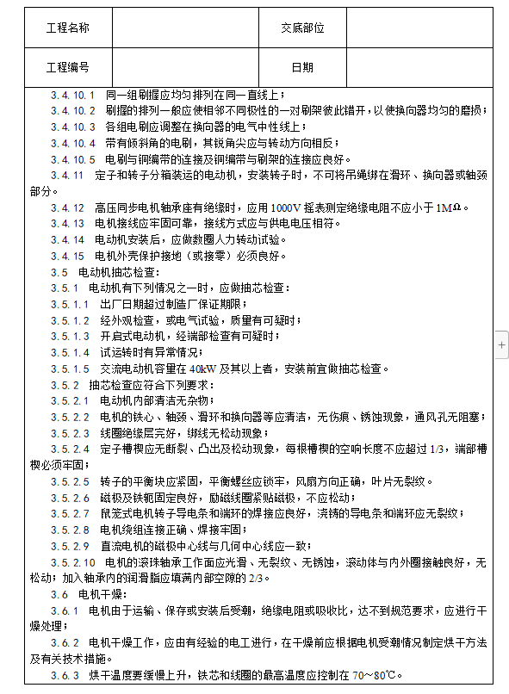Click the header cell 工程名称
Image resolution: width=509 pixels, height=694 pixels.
pyautogui.click(x=67, y=28)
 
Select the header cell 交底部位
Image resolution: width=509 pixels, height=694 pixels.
pyautogui.click(x=302, y=28)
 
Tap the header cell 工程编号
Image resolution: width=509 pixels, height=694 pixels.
pyautogui.click(x=67, y=67)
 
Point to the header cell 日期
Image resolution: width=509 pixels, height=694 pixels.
pyautogui.click(x=302, y=67)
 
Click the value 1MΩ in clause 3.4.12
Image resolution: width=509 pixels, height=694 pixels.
pyautogui.click(x=450, y=208)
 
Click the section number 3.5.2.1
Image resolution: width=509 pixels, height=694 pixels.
pyautogui.click(x=69, y=400)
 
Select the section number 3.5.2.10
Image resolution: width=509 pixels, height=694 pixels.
pyautogui.click(x=71, y=561)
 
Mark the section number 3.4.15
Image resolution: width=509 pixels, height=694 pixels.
pyautogui.click(x=67, y=256)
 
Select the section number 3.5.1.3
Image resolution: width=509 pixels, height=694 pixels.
pyautogui.click(x=69, y=336)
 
